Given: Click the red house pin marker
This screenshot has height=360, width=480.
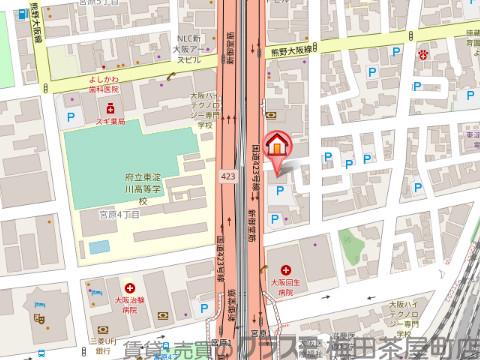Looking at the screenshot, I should (x=277, y=147).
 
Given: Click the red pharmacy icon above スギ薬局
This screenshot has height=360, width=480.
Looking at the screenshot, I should (x=113, y=104).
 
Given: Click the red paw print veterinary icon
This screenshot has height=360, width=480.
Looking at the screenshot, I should (x=423, y=55).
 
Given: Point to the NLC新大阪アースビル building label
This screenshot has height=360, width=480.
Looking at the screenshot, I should (x=189, y=46).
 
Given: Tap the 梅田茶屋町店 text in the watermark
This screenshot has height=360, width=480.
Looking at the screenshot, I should (x=411, y=349).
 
